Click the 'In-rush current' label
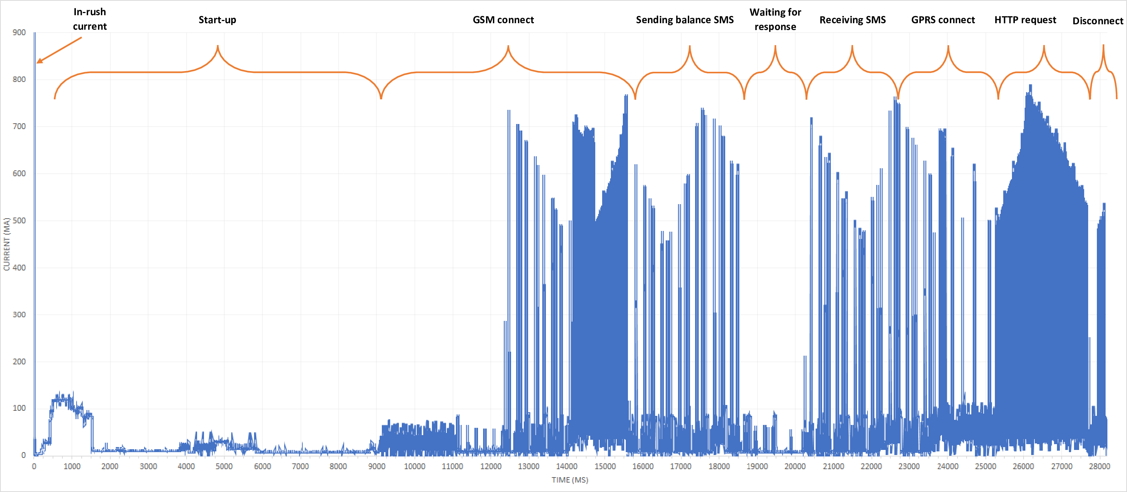[90, 19]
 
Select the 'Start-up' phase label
[217, 20]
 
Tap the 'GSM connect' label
[503, 20]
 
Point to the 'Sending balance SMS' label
[685, 20]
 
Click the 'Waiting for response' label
[775, 19]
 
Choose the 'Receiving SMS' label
[852, 20]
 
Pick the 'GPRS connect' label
[943, 20]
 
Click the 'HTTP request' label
[1025, 20]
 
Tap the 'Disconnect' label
[1098, 21]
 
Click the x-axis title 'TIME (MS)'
[569, 480]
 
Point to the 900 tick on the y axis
[19, 32]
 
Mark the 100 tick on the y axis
[19, 408]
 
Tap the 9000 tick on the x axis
[377, 466]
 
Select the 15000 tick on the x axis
[605, 466]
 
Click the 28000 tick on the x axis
[1099, 466]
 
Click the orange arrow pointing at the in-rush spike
[59, 50]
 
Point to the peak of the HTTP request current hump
[1031, 86]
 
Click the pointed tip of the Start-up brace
[217, 46]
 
